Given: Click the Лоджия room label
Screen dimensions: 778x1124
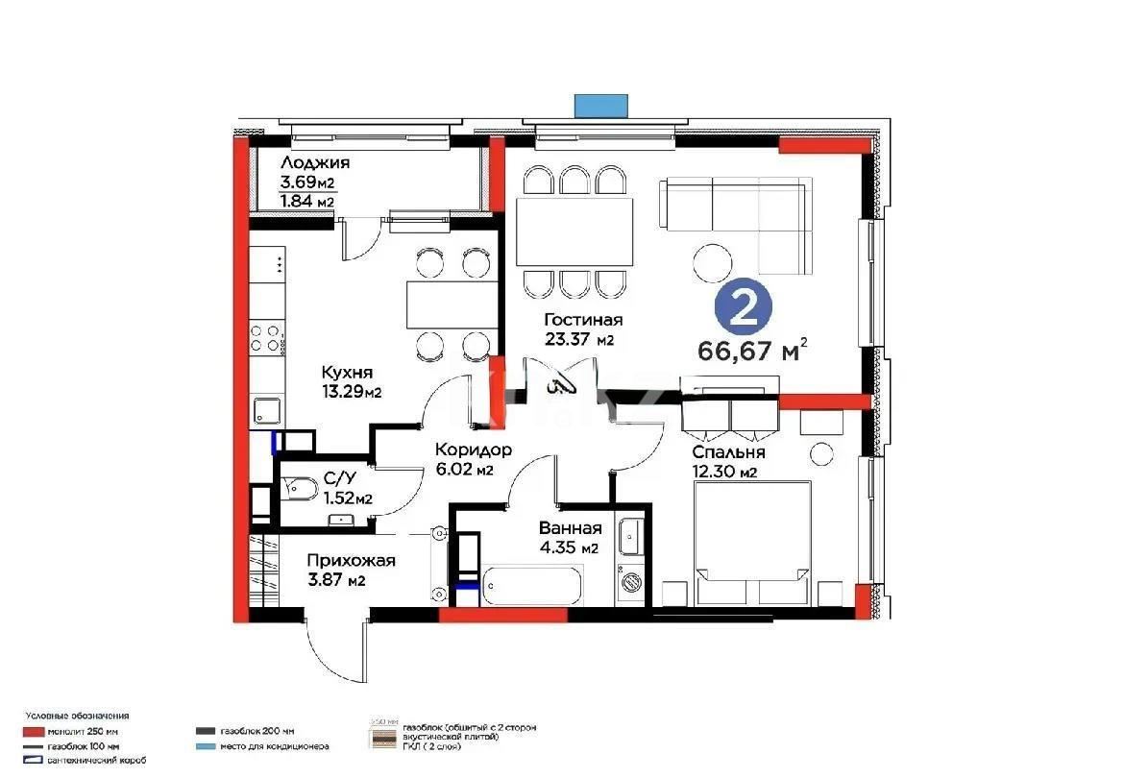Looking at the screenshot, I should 314,162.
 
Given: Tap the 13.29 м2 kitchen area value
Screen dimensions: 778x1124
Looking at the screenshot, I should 352,391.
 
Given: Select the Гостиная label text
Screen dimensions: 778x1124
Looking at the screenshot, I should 583,320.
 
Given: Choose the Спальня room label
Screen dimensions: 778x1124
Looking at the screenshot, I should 728,452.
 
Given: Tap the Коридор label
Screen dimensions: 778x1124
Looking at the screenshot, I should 473,450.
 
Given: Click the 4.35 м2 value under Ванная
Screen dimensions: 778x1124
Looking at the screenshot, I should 570,548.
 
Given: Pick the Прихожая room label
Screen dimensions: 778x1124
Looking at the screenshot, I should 351,561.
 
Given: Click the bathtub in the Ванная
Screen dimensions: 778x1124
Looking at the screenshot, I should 532,583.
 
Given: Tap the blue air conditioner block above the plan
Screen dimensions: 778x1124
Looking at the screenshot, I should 600,105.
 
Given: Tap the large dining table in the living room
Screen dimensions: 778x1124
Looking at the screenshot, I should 574,231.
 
